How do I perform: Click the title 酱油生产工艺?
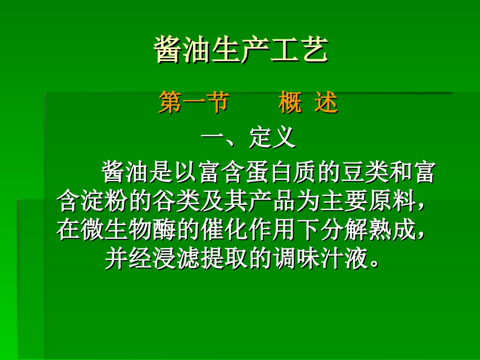241,50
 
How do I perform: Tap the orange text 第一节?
194,104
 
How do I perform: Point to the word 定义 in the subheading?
272,138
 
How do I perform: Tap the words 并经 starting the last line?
128,260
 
